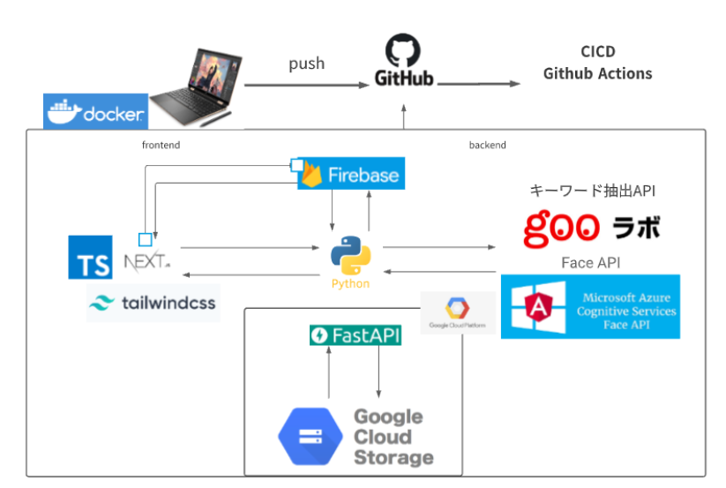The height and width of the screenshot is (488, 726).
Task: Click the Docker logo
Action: click(x=94, y=112)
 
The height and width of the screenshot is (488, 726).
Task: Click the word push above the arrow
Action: click(x=306, y=64)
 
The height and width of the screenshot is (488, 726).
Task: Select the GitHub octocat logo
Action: click(x=404, y=49)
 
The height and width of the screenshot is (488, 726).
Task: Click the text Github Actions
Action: click(x=597, y=73)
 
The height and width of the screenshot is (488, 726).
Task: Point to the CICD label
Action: click(x=597, y=52)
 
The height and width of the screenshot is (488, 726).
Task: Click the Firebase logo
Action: click(x=349, y=175)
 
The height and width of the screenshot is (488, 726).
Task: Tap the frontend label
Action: click(x=161, y=145)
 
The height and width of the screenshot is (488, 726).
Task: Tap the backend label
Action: click(x=487, y=145)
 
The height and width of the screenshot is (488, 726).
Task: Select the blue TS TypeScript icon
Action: click(x=90, y=257)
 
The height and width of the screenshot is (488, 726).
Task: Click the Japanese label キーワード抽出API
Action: click(x=592, y=191)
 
